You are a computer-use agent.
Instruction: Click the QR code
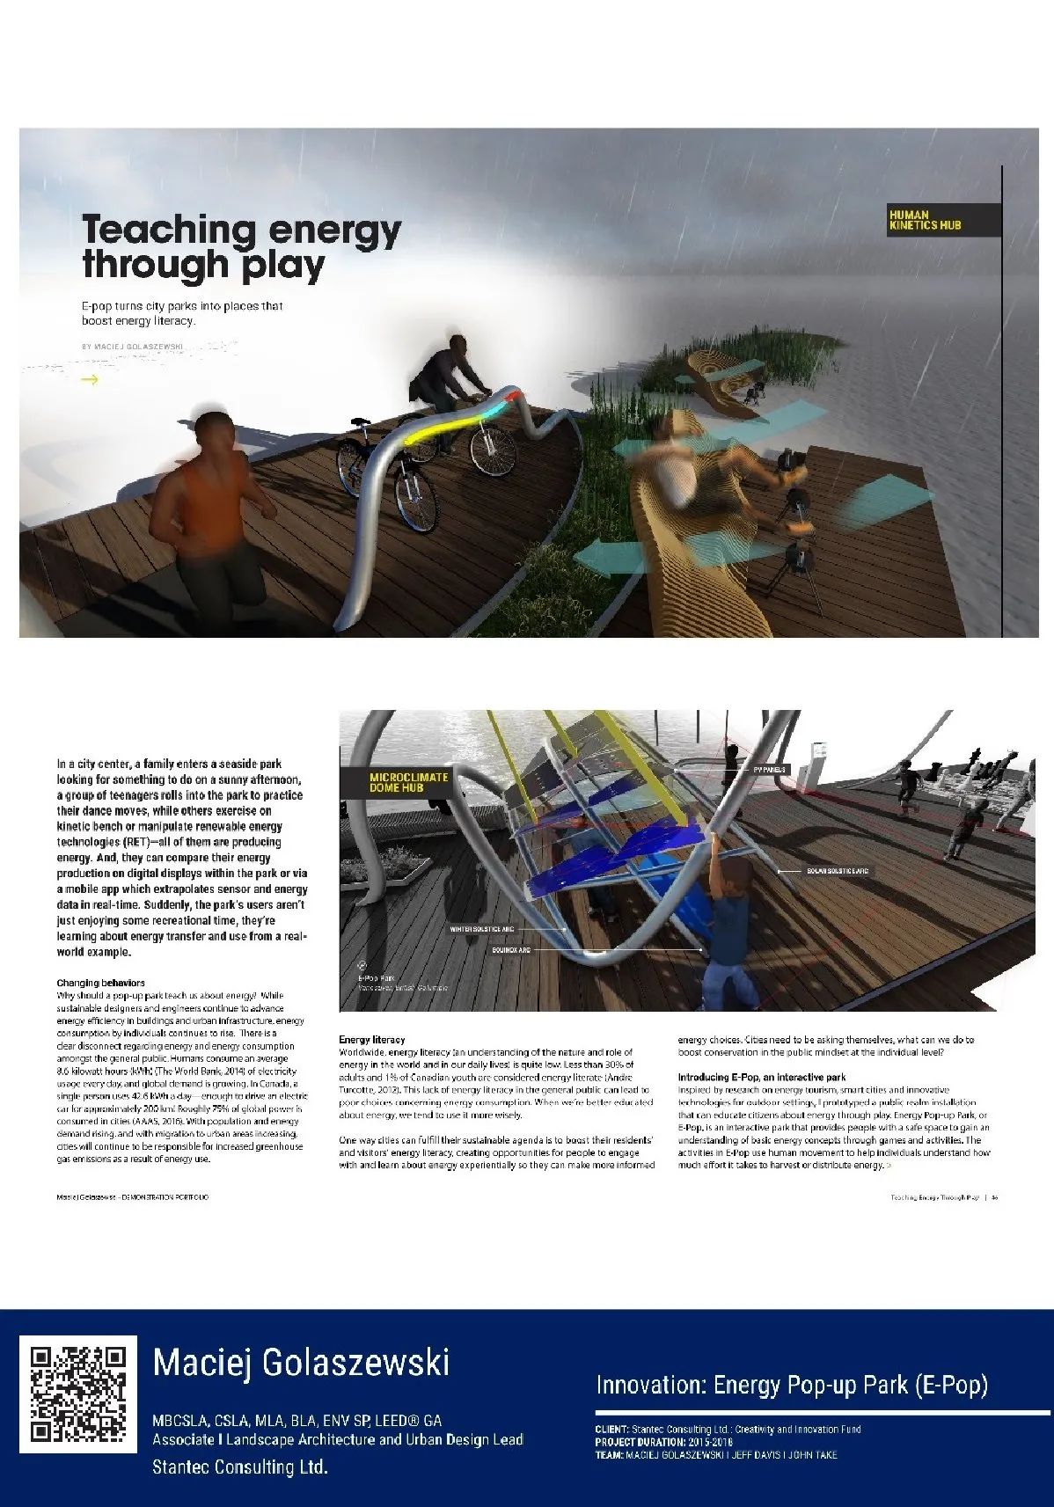coord(78,1394)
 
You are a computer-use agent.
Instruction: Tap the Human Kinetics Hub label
coord(925,221)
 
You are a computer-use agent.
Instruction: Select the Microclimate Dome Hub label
coord(408,782)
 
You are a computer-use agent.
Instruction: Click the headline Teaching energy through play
coord(241,246)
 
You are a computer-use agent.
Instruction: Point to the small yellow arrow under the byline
coord(89,380)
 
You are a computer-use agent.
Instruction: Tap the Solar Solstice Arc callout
coord(837,871)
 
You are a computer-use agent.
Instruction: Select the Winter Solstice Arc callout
coord(481,929)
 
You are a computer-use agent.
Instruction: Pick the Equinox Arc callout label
coord(511,950)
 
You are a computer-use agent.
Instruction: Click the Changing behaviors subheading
coord(100,983)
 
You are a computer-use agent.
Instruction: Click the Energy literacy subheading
coord(371,1039)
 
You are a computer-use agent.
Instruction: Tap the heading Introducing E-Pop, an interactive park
coord(761,1077)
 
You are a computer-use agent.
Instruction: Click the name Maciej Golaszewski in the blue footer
coord(301,1363)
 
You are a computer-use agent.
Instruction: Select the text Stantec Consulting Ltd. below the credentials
coord(239,1467)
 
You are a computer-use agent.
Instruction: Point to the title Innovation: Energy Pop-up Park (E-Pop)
coord(792,1386)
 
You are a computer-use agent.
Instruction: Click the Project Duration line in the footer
coord(663,1442)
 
